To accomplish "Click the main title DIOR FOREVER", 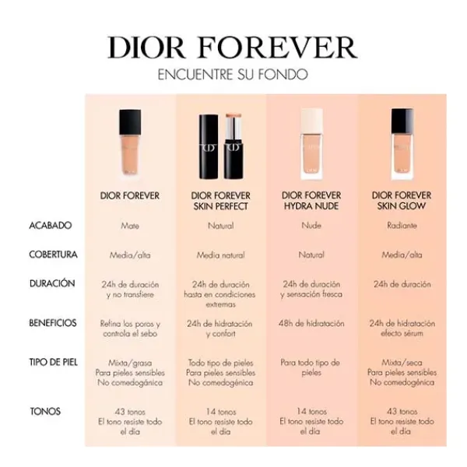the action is [233, 47].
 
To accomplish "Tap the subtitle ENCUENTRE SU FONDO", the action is [233, 75].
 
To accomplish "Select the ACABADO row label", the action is [51, 226].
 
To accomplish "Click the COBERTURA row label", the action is [53, 255].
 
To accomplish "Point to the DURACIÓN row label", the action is [52, 283].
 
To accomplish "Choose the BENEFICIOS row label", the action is [53, 323].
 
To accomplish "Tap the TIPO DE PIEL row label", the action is [53, 363].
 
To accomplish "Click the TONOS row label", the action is [45, 412].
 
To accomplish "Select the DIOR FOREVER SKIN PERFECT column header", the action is [221, 201].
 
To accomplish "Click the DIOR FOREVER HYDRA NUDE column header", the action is [311, 201].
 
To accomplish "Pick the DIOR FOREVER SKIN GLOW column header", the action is [402, 201].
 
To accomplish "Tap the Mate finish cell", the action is [130, 226].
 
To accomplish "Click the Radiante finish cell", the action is [402, 226].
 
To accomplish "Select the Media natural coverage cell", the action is [221, 255].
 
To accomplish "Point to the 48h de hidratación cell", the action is [311, 324].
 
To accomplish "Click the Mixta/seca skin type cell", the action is [402, 363].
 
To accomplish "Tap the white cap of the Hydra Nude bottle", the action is [311, 121].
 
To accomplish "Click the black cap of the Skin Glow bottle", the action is [402, 121].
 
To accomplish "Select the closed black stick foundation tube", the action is [209, 147].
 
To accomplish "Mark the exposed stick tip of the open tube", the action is [233, 115].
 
